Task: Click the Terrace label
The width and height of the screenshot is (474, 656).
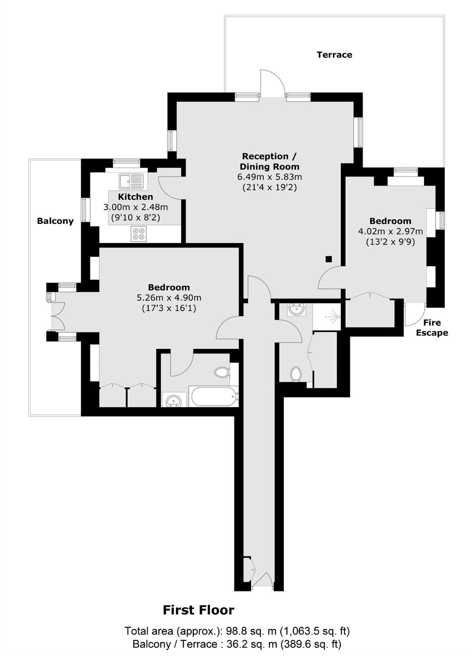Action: (334, 55)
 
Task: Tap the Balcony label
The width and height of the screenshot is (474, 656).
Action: (55, 221)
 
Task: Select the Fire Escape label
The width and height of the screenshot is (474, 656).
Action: (432, 328)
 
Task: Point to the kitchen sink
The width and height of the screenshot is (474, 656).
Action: (131, 182)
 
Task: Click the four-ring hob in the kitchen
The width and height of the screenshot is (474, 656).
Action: (139, 234)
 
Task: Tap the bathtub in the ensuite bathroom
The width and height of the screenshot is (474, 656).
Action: (214, 396)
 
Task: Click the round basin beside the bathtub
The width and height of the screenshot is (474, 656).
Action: (174, 399)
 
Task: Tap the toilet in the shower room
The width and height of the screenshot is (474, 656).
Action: (296, 375)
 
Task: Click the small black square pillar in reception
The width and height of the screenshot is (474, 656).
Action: (329, 259)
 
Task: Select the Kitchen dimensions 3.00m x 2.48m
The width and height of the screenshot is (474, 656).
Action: (136, 207)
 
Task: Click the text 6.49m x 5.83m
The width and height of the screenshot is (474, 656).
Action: (269, 177)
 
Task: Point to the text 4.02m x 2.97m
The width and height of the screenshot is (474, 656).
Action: (390, 231)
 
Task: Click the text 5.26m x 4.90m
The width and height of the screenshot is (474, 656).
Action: (169, 298)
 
